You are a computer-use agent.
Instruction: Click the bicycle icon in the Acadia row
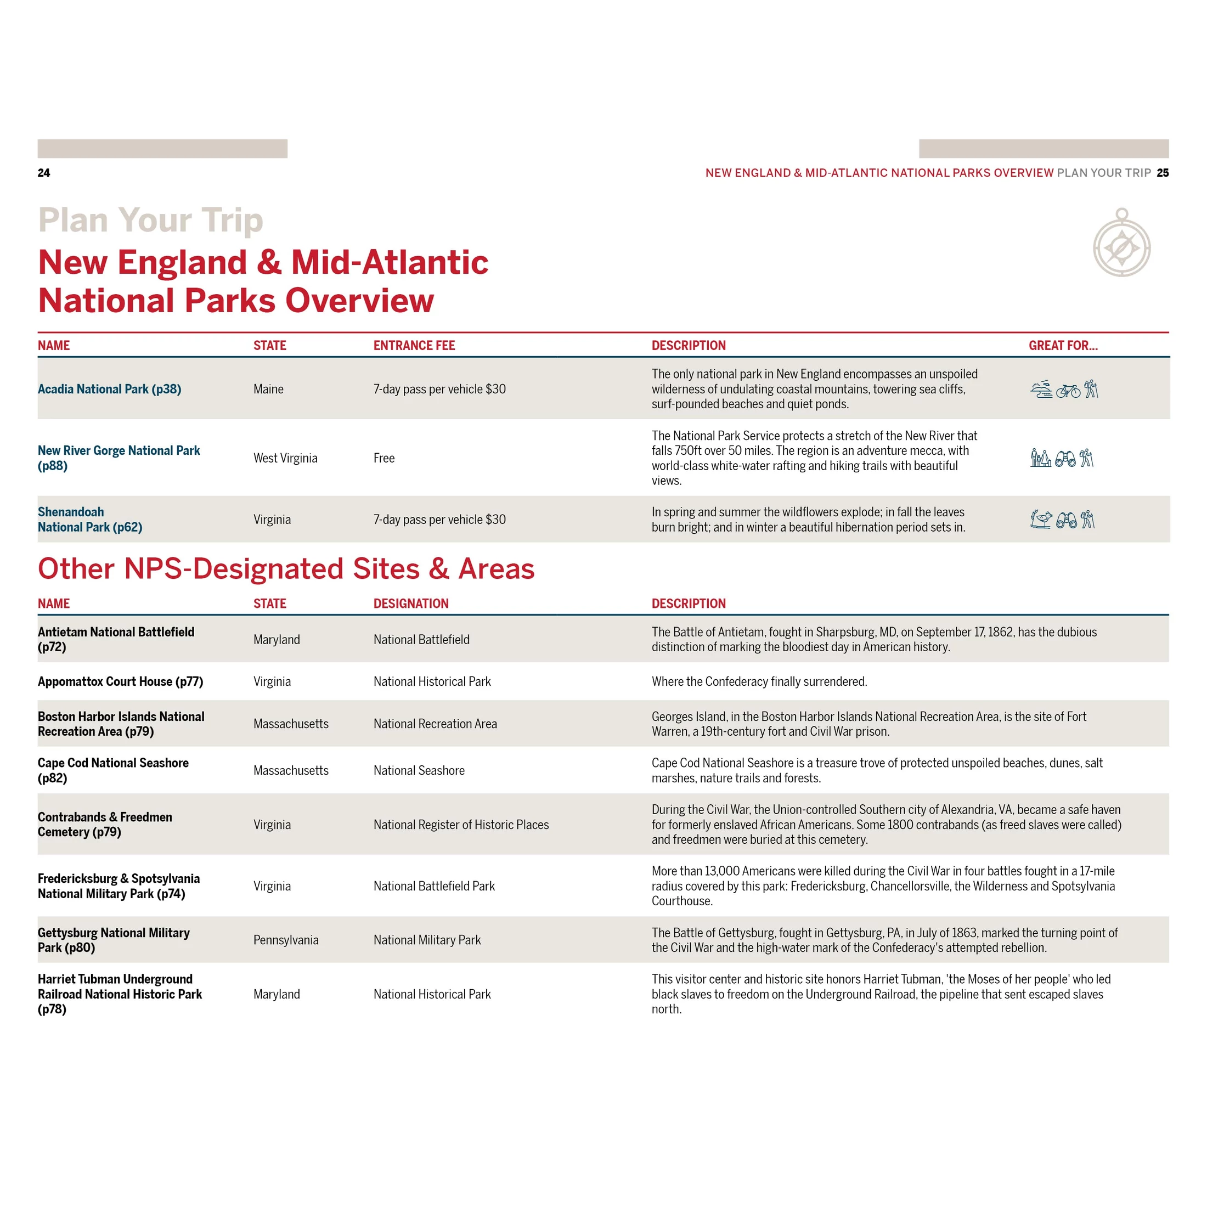(1068, 391)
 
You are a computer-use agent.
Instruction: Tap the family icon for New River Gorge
(1040, 459)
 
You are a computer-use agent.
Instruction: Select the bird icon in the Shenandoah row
(1040, 519)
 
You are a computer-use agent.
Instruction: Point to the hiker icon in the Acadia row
(1091, 389)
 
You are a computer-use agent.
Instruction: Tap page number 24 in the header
(44, 173)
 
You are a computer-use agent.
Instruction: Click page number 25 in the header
(1162, 173)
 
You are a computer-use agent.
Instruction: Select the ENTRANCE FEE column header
(414, 346)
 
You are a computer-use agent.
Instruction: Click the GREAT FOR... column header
(1063, 346)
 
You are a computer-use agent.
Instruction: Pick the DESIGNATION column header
(410, 603)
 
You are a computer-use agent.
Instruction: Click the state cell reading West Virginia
(285, 458)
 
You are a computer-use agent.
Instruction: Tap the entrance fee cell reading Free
(383, 458)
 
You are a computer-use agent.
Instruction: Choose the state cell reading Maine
(268, 389)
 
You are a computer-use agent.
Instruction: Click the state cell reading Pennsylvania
(285, 940)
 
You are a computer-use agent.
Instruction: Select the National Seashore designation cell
(419, 770)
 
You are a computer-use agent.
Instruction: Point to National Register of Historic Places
(460, 825)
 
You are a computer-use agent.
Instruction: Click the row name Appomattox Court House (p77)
(120, 681)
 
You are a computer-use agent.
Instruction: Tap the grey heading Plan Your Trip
(150, 220)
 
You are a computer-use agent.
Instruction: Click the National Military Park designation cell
(427, 940)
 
